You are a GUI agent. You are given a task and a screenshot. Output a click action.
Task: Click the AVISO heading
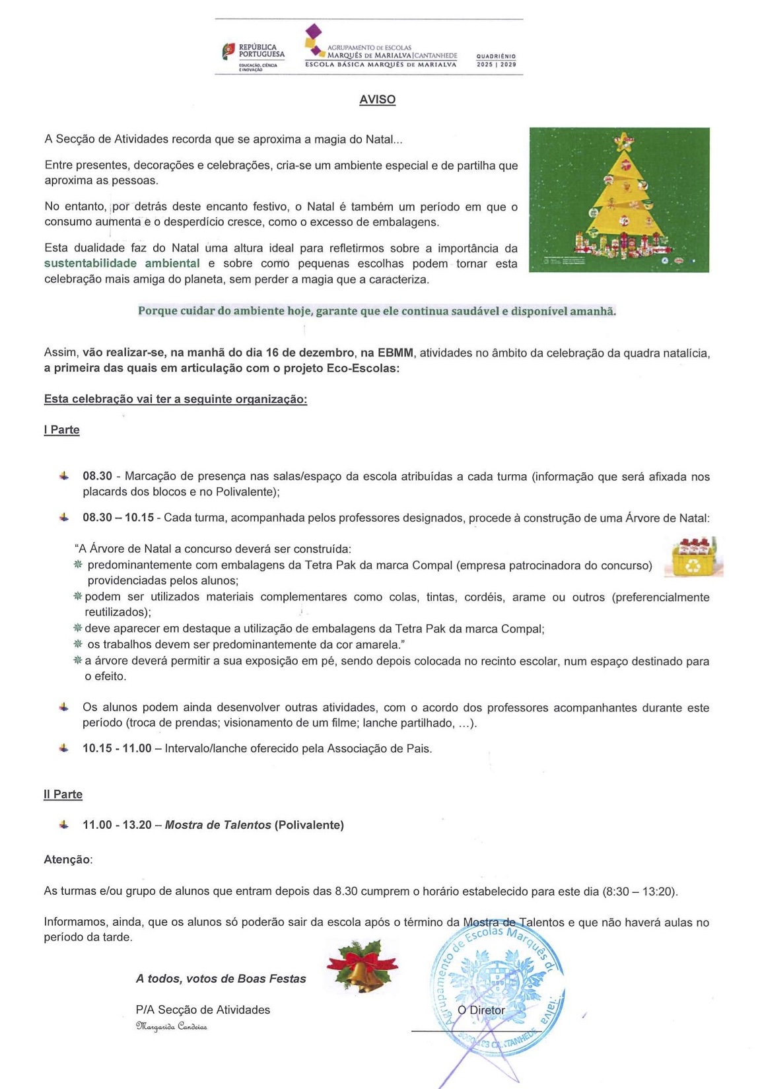(x=377, y=100)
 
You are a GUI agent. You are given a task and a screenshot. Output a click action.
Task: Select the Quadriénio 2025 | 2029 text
(x=496, y=61)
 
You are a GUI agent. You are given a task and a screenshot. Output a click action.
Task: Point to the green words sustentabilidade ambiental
(x=121, y=263)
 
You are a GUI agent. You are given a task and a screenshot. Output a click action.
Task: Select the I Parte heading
(x=61, y=430)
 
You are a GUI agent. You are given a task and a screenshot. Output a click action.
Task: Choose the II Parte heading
(x=63, y=794)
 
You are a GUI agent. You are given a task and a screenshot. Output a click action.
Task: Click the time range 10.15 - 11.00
(x=116, y=748)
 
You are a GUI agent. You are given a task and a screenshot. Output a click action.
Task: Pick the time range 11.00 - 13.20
(x=116, y=825)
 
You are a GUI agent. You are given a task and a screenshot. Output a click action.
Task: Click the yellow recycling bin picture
(x=693, y=558)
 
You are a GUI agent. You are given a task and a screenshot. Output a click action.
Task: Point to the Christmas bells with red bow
(x=362, y=967)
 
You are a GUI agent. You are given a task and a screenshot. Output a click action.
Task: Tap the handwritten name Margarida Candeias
(x=171, y=1026)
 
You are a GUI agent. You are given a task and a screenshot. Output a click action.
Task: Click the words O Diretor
(x=481, y=1010)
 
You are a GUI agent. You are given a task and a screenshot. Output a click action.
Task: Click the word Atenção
(x=67, y=859)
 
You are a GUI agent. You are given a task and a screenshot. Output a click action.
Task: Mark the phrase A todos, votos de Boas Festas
(x=221, y=979)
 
